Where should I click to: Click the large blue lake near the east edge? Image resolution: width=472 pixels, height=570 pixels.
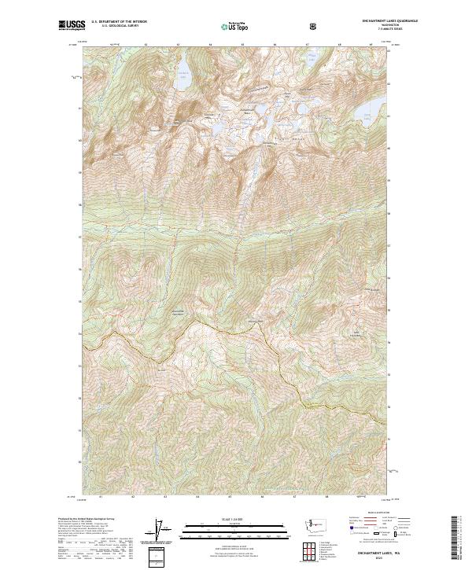[x=367, y=115]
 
